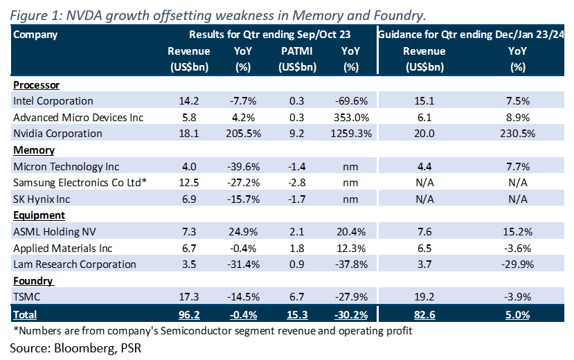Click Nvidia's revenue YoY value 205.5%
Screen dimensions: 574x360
click(243, 134)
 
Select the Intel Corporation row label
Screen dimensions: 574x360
click(53, 101)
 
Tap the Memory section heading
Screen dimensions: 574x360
click(34, 150)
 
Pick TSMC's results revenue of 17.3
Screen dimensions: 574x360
click(188, 297)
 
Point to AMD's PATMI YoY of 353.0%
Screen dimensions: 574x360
click(351, 118)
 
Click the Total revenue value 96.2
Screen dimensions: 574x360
click(189, 315)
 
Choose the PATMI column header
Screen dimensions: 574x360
click(297, 51)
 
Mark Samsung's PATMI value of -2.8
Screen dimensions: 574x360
click(297, 183)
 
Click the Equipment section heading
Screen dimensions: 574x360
click(39, 215)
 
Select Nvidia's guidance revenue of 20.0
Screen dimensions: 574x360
click(424, 134)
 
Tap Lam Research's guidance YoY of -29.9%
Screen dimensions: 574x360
click(517, 264)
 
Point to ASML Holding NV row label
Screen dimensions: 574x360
click(55, 232)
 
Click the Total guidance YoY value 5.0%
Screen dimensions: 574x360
click(517, 315)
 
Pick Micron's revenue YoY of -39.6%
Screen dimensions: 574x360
click(243, 167)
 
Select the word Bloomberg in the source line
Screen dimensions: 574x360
click(84, 348)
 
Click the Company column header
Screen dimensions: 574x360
click(35, 35)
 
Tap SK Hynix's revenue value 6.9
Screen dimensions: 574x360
click(189, 199)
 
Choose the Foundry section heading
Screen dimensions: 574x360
click(33, 281)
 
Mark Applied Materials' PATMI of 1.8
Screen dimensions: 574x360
click(297, 249)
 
